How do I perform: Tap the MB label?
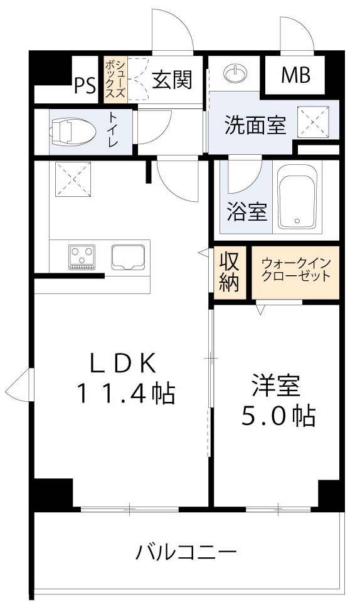click(295, 76)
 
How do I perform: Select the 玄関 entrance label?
click(171, 80)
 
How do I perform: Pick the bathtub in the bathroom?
click(299, 197)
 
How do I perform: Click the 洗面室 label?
click(256, 125)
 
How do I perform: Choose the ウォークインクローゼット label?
click(295, 270)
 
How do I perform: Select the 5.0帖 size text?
click(278, 416)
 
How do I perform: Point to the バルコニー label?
click(187, 553)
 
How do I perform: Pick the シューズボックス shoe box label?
click(115, 78)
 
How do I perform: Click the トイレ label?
click(113, 130)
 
